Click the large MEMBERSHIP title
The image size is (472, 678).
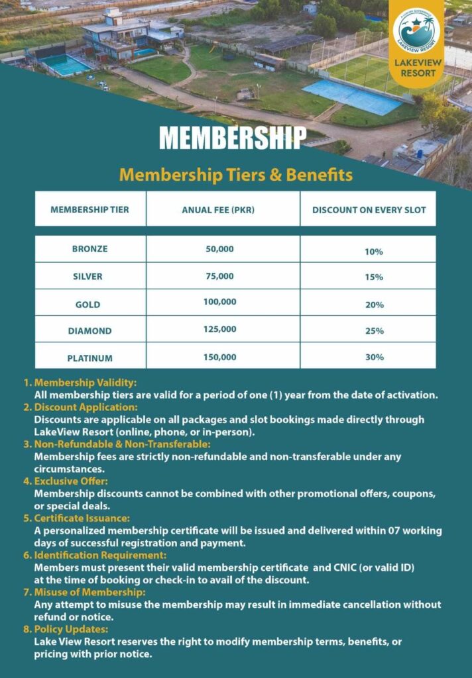(232, 138)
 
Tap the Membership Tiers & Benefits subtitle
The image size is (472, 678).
(235, 175)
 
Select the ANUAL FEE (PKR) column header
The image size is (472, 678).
(218, 210)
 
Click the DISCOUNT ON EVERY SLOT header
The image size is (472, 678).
(369, 210)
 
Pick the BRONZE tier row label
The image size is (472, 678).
(89, 250)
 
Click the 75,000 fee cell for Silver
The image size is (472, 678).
(219, 276)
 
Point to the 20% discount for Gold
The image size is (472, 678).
(374, 305)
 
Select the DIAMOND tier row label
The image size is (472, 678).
(89, 330)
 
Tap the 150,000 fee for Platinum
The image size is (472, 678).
(219, 358)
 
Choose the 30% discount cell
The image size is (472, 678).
(374, 358)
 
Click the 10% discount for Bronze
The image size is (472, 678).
(374, 252)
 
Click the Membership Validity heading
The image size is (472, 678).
(85, 383)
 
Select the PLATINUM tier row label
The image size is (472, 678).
(89, 358)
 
